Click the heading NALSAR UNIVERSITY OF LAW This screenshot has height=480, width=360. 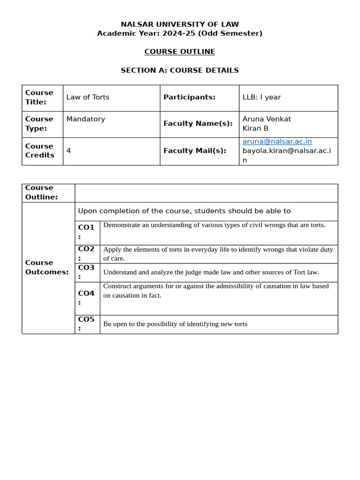click(x=180, y=24)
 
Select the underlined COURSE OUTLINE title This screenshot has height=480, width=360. click(x=180, y=52)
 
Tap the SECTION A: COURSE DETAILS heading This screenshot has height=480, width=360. click(x=180, y=70)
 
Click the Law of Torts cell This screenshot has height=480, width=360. click(x=88, y=97)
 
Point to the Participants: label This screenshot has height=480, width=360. click(x=189, y=97)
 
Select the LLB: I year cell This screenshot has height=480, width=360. click(x=262, y=97)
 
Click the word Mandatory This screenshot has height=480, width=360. click(x=86, y=119)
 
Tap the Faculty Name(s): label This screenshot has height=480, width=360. click(x=198, y=124)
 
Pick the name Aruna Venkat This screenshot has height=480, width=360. click(x=267, y=119)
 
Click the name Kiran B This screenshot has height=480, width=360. click(x=255, y=128)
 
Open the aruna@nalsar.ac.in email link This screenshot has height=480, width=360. click(x=277, y=142)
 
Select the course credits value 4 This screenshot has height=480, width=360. click(x=68, y=151)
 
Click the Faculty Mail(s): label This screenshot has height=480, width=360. click(x=195, y=151)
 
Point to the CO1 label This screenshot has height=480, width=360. click(x=86, y=228)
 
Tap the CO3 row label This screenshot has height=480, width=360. click(x=86, y=268)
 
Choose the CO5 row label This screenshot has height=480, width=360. click(x=86, y=320)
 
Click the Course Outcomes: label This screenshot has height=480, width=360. click(x=47, y=267)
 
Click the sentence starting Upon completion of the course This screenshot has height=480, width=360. click(x=184, y=211)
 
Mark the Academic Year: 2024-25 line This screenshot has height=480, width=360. click(x=180, y=33)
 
